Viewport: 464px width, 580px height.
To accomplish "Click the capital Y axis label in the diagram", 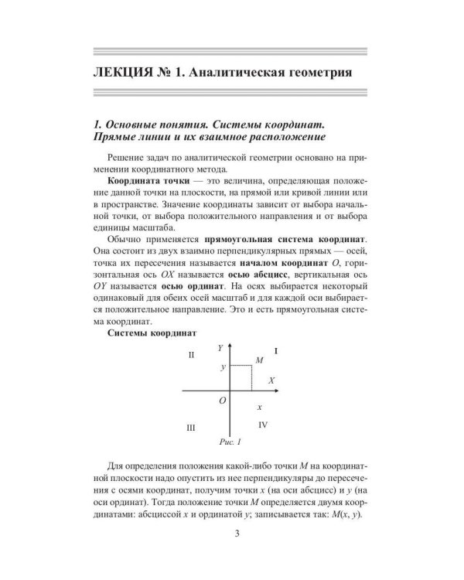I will (x=220, y=348).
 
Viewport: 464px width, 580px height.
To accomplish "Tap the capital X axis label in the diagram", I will (x=271, y=380).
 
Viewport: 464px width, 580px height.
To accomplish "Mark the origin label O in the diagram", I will (x=223, y=400).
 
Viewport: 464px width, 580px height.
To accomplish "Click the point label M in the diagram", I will (x=258, y=361).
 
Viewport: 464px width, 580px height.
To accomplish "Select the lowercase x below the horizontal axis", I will (x=259, y=406).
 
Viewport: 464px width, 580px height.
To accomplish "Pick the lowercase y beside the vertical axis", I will (x=223, y=368).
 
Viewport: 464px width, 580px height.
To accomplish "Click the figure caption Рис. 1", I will (x=231, y=442).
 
